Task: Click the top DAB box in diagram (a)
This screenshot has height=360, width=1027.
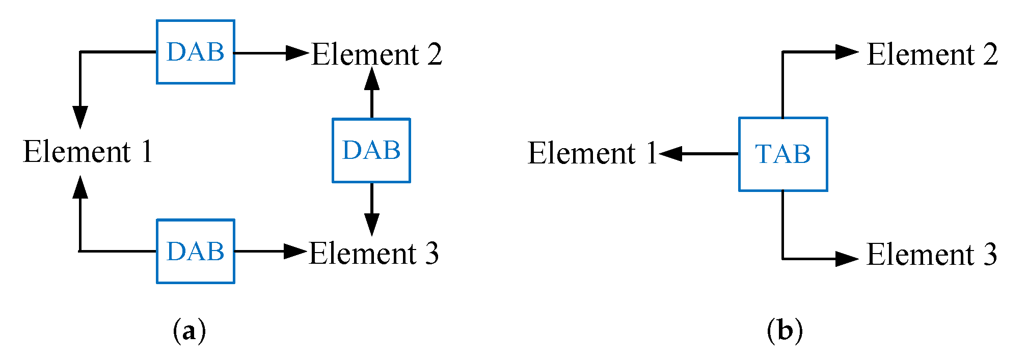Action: [195, 52]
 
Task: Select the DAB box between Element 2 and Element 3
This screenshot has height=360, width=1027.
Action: [371, 150]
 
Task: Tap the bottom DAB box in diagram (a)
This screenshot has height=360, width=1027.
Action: [195, 251]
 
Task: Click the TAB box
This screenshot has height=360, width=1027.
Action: [782, 154]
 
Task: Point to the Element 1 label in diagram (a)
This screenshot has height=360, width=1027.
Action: [88, 152]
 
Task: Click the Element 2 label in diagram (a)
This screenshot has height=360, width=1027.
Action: [377, 54]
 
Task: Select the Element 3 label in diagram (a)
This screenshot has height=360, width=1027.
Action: [374, 253]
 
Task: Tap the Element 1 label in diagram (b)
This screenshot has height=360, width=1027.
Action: [592, 153]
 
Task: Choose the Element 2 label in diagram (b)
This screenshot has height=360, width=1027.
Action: [932, 54]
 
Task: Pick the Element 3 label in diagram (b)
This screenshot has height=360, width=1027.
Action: [932, 254]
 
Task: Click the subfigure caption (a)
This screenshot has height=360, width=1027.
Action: [190, 331]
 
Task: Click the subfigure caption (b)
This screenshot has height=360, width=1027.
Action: [785, 331]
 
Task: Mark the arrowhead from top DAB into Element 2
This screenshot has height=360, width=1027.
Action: [298, 52]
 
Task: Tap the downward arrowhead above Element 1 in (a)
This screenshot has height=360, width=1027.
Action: [80, 117]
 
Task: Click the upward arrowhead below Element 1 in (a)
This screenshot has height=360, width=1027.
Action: [80, 187]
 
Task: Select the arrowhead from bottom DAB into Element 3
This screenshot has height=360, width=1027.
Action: [295, 251]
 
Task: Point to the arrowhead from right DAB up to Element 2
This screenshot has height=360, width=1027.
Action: [371, 78]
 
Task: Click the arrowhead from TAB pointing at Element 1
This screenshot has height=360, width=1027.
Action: [671, 153]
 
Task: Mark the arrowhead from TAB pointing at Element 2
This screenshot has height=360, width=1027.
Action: [847, 52]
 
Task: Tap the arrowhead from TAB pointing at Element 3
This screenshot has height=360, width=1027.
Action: [847, 259]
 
